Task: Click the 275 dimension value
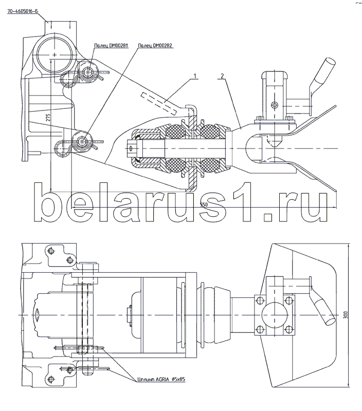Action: (x=47, y=118)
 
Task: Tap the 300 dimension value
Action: (x=345, y=314)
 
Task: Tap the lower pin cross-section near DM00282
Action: (x=81, y=139)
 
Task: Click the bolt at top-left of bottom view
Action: (x=50, y=251)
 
